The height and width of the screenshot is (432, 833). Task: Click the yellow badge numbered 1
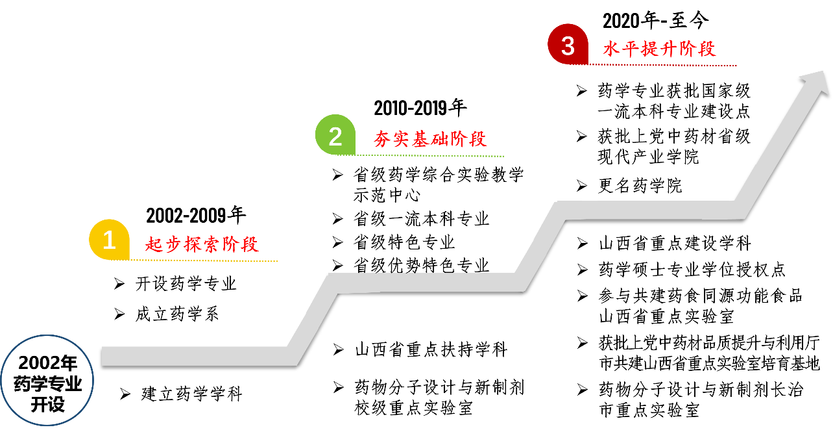click(x=109, y=240)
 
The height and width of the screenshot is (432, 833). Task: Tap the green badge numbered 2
click(x=335, y=135)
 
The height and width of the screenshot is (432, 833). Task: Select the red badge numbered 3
click(x=568, y=45)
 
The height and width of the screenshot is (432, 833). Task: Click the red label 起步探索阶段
click(x=202, y=244)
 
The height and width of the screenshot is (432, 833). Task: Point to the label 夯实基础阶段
click(x=430, y=139)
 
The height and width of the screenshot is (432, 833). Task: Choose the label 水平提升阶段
click(x=659, y=49)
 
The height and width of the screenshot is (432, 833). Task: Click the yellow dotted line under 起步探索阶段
click(x=195, y=260)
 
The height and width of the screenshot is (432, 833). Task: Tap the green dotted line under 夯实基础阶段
click(x=422, y=155)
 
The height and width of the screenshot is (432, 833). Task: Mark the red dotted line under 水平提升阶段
click(x=655, y=65)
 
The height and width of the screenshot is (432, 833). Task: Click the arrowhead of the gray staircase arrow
click(x=817, y=81)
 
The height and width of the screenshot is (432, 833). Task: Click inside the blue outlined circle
click(x=47, y=380)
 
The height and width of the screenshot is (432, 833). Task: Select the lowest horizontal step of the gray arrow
click(x=195, y=355)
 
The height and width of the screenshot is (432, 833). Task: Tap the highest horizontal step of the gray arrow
click(x=649, y=210)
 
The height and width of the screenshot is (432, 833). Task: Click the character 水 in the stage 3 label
click(x=612, y=49)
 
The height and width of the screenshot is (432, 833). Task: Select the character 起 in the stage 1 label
click(x=154, y=244)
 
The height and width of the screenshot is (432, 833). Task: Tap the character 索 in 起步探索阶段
click(x=211, y=244)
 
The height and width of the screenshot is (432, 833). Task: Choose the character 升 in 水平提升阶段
click(x=669, y=49)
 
